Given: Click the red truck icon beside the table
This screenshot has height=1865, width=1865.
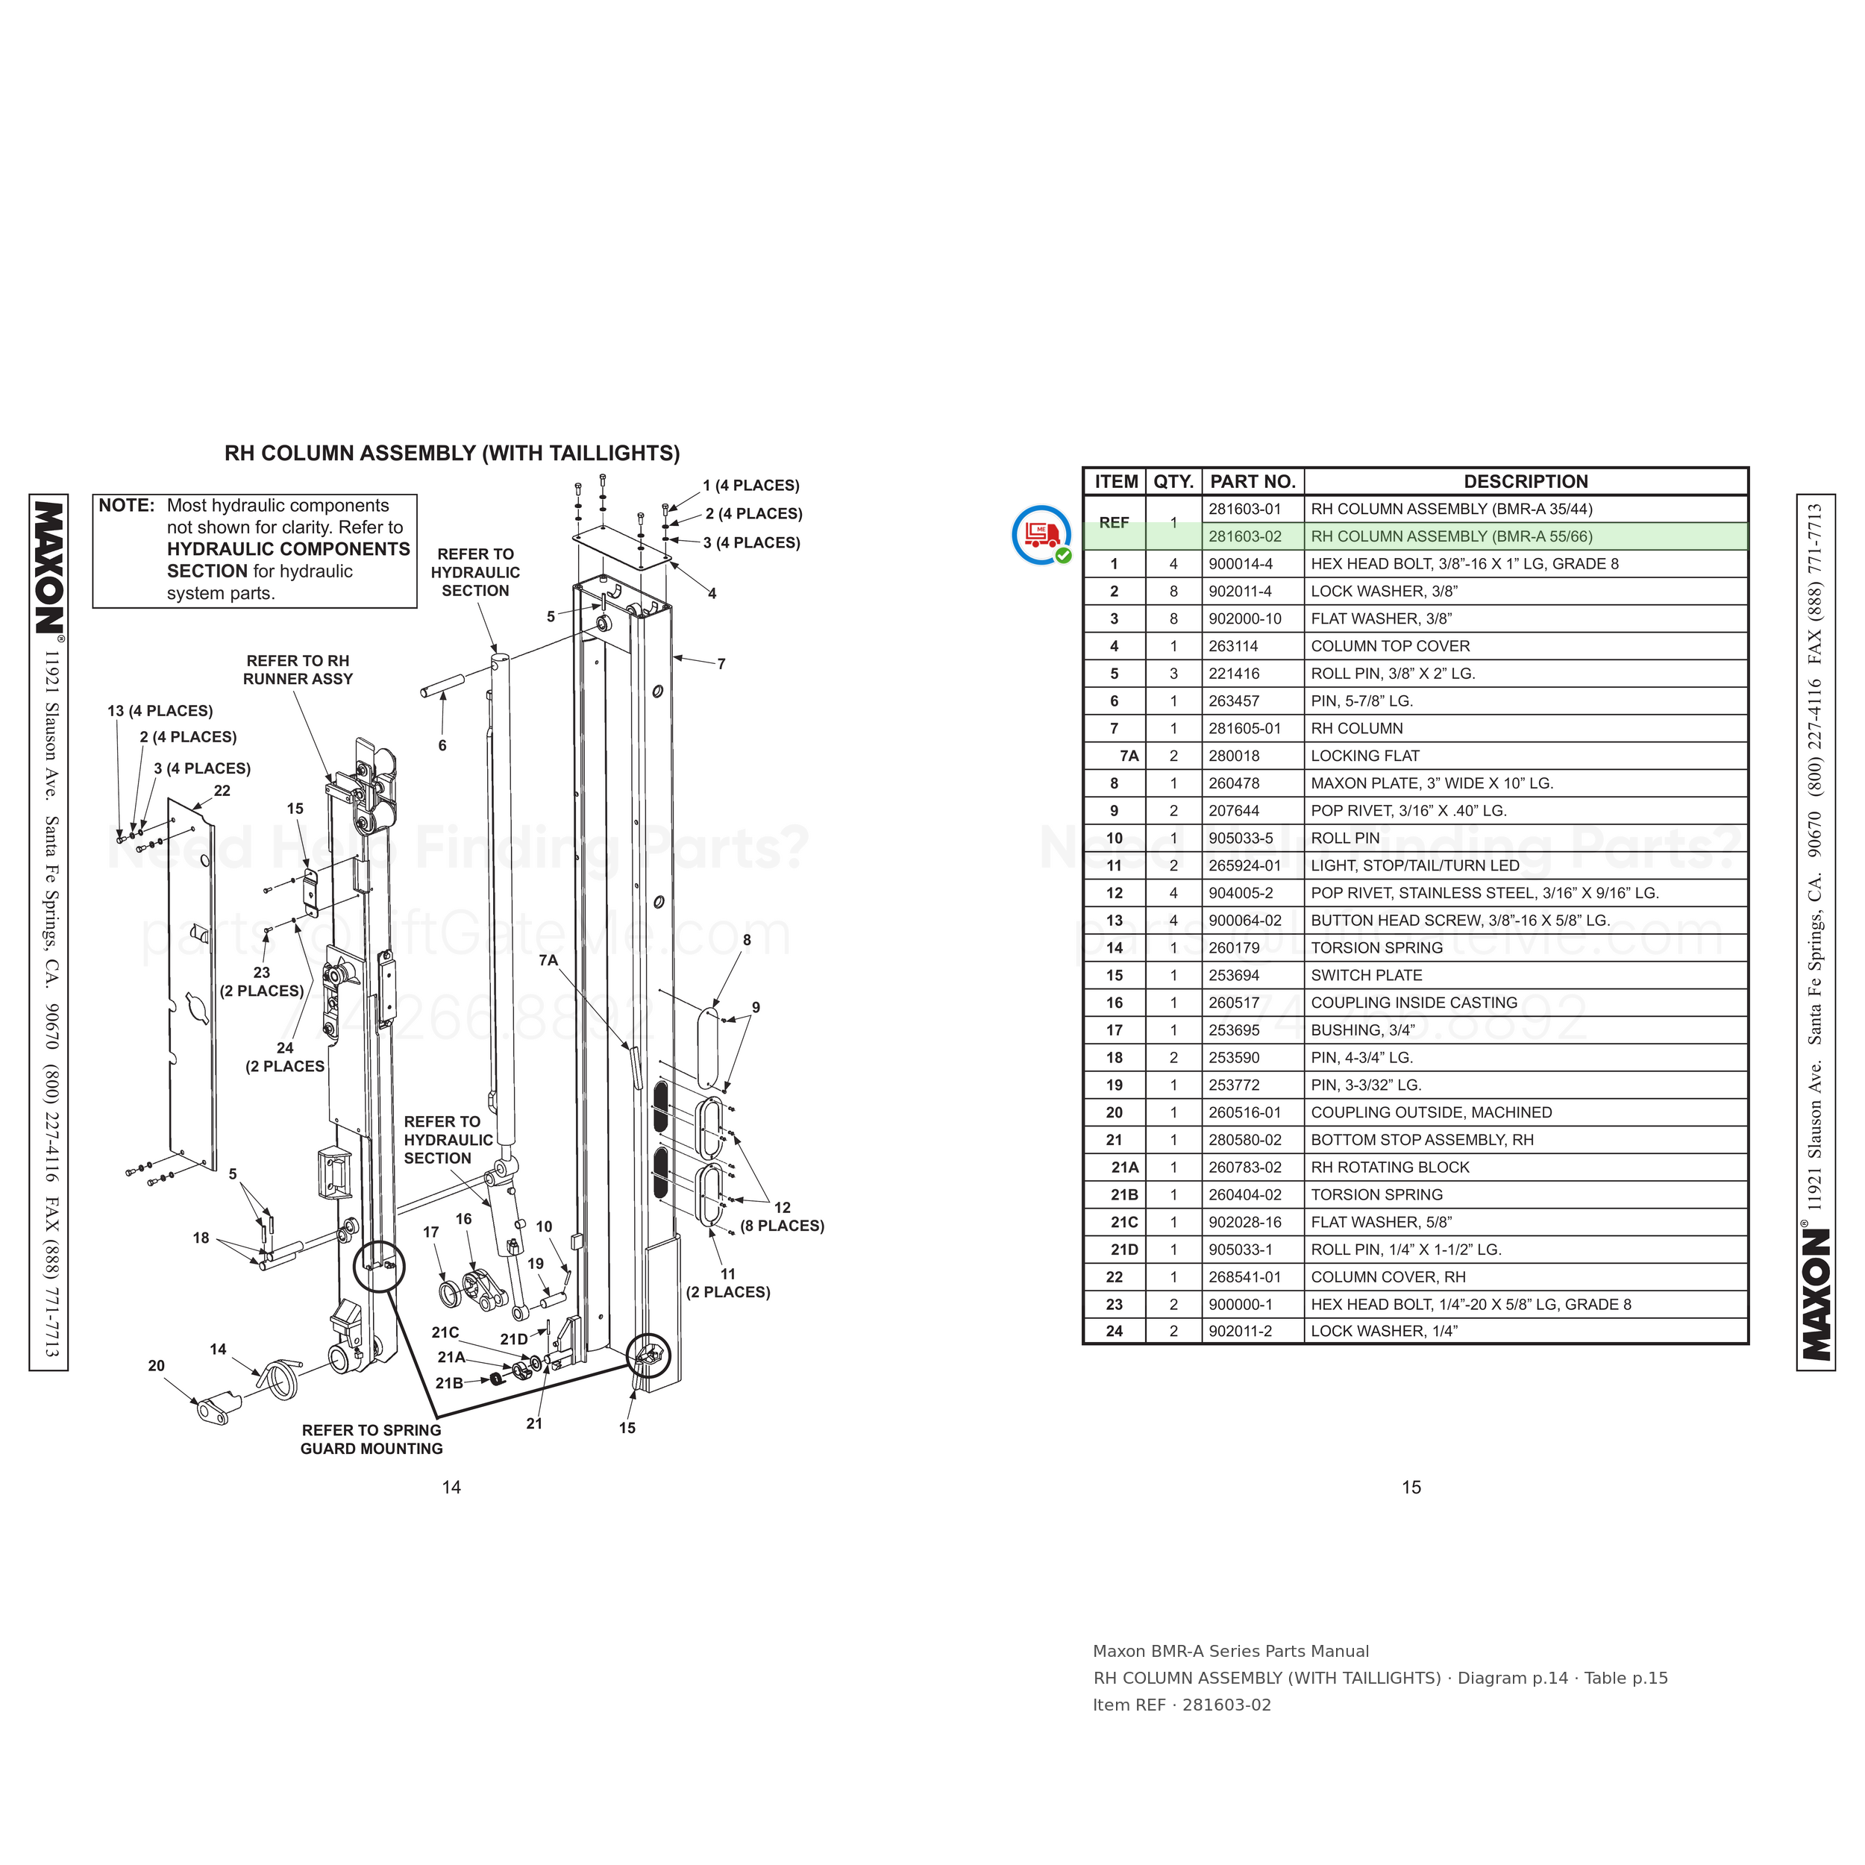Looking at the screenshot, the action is click(x=1041, y=534).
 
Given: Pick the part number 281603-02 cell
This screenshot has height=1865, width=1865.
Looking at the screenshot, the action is click(x=1245, y=536).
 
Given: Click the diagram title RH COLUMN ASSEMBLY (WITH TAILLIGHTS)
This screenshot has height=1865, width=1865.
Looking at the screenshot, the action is click(x=452, y=453).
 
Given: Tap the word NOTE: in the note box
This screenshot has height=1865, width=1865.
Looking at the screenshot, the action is click(x=127, y=506).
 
